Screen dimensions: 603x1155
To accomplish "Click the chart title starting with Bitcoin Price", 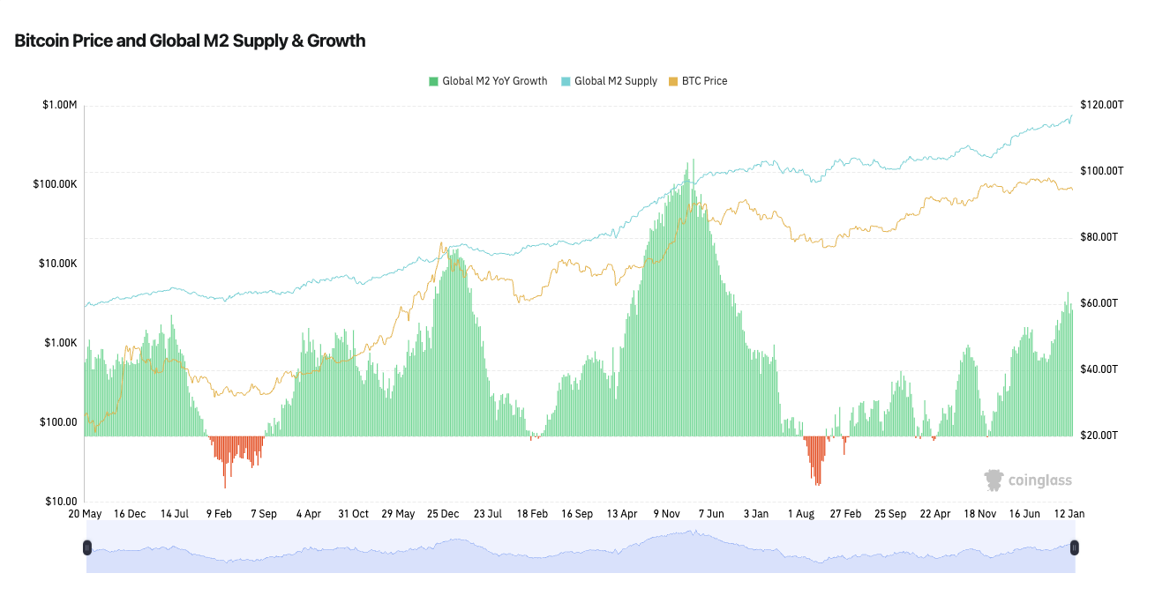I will click(190, 41).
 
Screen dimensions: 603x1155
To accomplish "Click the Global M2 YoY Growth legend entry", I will click(488, 81).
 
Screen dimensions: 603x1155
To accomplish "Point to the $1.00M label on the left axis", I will click(59, 105).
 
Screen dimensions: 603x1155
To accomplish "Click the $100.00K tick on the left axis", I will click(55, 184).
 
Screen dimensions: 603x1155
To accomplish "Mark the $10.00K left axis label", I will click(57, 264).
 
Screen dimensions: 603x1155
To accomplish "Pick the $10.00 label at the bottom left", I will click(61, 502).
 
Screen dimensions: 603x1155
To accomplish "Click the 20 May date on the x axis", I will click(86, 513).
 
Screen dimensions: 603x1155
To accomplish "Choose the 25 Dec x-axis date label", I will click(443, 513).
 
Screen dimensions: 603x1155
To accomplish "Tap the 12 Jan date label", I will click(1069, 513).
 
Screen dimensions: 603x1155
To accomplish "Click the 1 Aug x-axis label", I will click(801, 513).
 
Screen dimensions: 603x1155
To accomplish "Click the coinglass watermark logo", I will click(1028, 480).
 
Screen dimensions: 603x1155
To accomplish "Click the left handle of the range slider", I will click(86, 547).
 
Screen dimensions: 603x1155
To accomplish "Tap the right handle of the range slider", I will click(1074, 547).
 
